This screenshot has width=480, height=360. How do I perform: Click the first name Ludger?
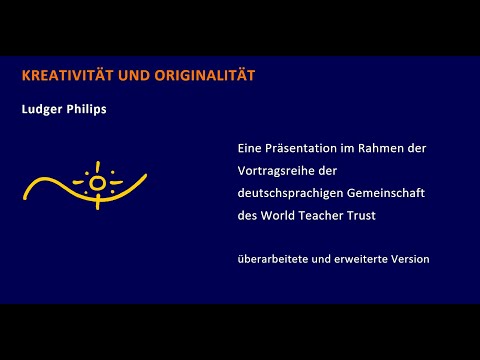(45, 108)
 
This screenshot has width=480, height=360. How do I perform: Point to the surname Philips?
(88, 108)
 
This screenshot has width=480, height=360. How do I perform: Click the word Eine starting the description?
(250, 148)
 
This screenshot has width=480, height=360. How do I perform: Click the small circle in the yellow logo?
(97, 183)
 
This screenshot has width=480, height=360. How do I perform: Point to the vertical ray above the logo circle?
(97, 166)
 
